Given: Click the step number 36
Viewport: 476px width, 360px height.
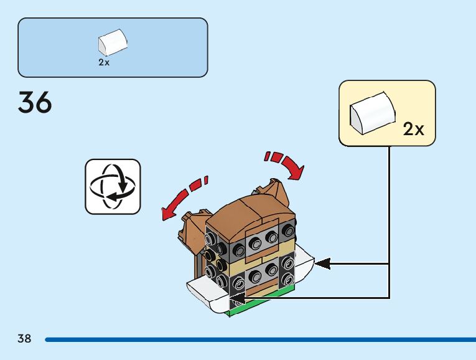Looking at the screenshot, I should tap(35, 103).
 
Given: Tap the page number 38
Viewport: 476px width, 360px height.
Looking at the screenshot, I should tap(24, 339).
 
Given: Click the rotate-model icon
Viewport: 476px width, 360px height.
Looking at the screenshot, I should tap(113, 186).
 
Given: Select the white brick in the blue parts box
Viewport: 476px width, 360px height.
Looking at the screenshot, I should tap(113, 43).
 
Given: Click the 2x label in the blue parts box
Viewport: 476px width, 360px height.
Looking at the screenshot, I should tap(104, 63).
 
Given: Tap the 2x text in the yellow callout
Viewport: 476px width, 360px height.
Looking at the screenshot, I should tap(413, 129).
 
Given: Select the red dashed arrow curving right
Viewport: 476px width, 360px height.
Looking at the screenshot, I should tap(287, 161).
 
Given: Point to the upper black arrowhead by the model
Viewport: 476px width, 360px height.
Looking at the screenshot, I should tap(322, 264).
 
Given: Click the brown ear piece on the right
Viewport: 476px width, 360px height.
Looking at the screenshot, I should tap(273, 187).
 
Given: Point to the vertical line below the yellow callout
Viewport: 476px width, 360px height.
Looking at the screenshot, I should tap(390, 218).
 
